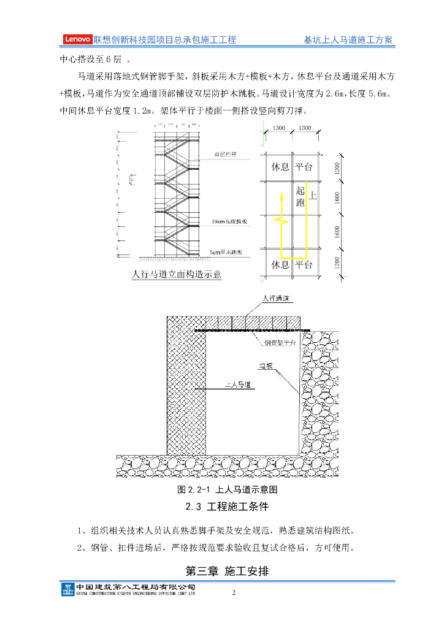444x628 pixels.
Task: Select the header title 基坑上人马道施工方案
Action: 348,40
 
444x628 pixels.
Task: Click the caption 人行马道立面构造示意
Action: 177,274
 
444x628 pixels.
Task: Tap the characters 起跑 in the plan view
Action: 300,196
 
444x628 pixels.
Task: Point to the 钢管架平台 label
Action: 280,342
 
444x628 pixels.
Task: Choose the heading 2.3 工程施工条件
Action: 227,508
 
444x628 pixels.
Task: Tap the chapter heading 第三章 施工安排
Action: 227,571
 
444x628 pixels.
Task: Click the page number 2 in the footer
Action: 234,593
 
